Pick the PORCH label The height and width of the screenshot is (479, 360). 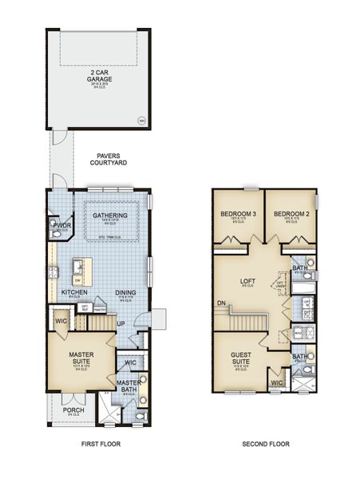pos(73,411)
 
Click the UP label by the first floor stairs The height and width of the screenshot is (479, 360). pos(121,324)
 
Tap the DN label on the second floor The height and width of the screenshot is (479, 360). pos(220,303)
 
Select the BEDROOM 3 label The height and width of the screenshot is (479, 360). pos(238,215)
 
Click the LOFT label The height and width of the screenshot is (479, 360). pos(248,281)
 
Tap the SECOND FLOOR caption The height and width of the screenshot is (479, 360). pos(266,444)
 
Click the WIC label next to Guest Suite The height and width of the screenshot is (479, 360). pos(277,382)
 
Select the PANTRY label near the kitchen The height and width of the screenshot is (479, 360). pos(100,309)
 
